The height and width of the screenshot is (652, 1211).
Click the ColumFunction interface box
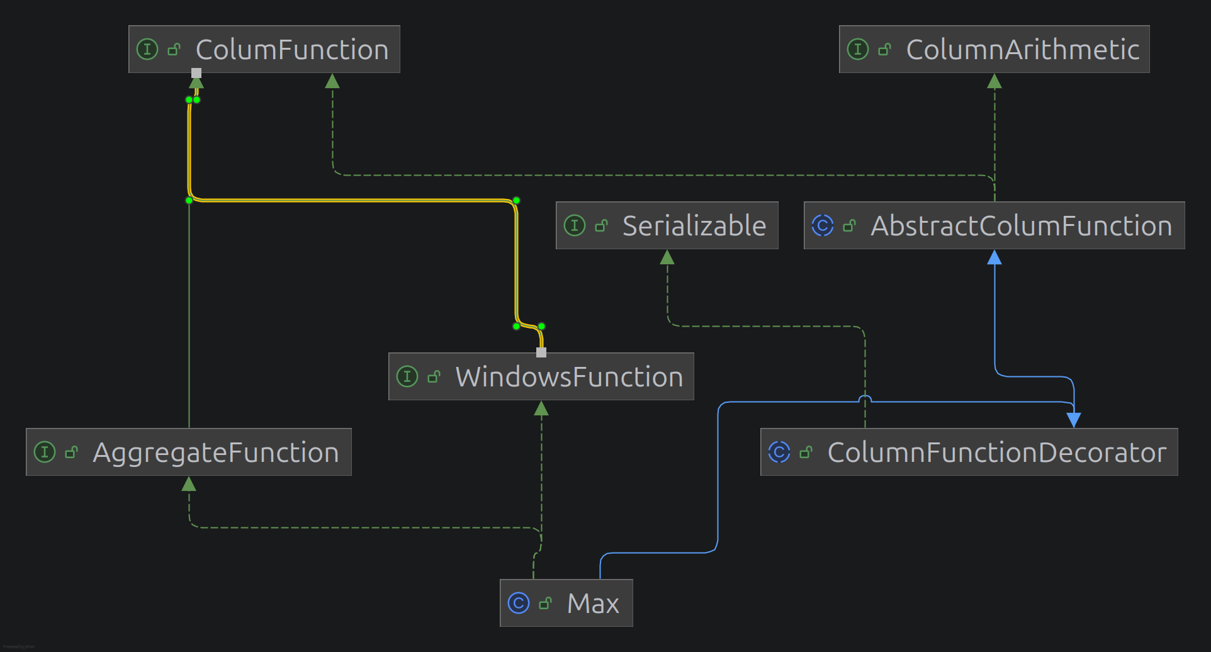[264, 49]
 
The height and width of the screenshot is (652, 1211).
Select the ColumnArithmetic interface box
[994, 49]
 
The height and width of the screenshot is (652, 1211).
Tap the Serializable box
[667, 225]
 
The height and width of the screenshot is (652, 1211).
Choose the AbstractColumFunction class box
[994, 225]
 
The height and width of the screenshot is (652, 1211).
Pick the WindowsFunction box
[541, 376]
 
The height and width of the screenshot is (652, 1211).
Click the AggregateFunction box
[188, 452]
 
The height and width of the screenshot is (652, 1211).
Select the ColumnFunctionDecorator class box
[969, 452]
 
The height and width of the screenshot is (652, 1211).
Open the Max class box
[566, 603]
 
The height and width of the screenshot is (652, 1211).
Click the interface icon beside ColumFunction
[147, 49]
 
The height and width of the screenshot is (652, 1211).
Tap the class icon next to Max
[519, 603]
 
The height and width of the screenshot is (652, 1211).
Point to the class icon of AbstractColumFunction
[823, 225]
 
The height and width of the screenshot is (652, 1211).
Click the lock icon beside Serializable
[602, 225]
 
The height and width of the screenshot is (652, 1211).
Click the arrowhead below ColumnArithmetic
[994, 81]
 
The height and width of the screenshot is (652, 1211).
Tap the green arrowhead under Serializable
[667, 257]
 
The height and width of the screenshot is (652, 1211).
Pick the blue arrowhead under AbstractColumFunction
[994, 257]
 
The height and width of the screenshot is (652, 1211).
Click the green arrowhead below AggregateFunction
[189, 484]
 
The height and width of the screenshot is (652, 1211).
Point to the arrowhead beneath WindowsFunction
[541, 409]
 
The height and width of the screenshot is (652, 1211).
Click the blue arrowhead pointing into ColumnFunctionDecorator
[1074, 420]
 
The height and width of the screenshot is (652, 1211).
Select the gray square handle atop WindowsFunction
[541, 352]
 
